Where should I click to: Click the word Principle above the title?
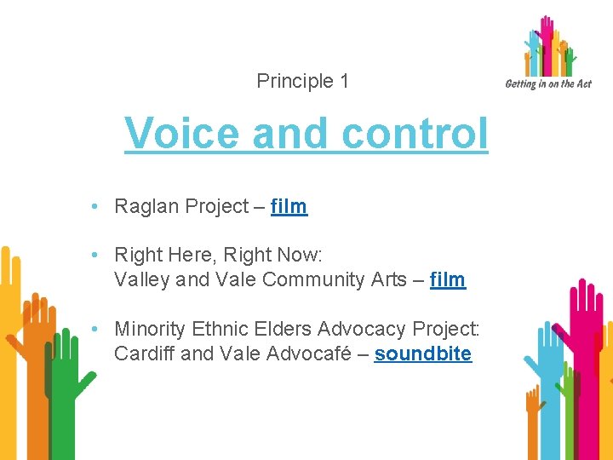coord(295,82)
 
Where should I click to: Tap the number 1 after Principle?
coord(344,82)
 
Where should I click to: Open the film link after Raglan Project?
coord(289,206)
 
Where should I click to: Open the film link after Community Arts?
coord(448,279)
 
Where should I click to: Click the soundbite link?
coord(422,354)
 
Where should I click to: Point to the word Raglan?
coord(144,206)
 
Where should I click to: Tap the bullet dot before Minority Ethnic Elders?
coord(100,329)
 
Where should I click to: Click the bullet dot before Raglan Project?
coord(100,206)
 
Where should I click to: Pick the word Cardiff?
coord(145,354)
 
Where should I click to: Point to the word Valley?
coord(141,279)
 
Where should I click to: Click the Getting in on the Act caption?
coord(547,83)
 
